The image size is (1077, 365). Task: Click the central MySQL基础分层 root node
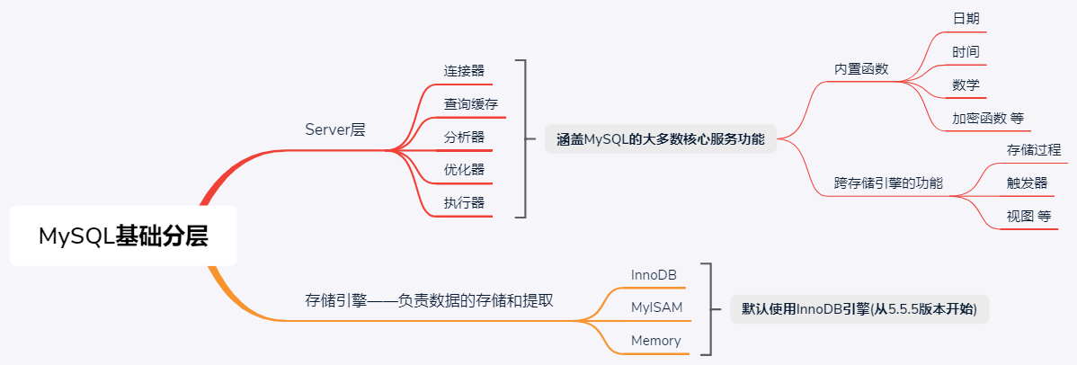[123, 236]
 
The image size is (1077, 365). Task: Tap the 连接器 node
[463, 70]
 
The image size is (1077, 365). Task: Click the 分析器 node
[463, 138]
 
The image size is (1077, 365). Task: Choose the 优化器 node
[463, 170]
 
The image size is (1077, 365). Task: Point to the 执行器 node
[463, 203]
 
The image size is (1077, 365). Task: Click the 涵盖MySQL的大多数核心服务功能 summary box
[660, 138]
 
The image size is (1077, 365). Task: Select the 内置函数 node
[861, 69]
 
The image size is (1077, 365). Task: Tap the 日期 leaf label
[966, 19]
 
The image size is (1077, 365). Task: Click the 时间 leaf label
[966, 52]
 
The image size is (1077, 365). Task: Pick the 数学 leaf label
[966, 85]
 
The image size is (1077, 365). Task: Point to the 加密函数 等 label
[987, 119]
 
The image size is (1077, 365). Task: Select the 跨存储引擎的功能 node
[888, 183]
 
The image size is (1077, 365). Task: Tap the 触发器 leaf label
[1027, 183]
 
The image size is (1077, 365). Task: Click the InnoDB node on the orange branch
[654, 274]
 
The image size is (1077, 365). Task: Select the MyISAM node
[656, 307]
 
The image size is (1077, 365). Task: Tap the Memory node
[655, 341]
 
